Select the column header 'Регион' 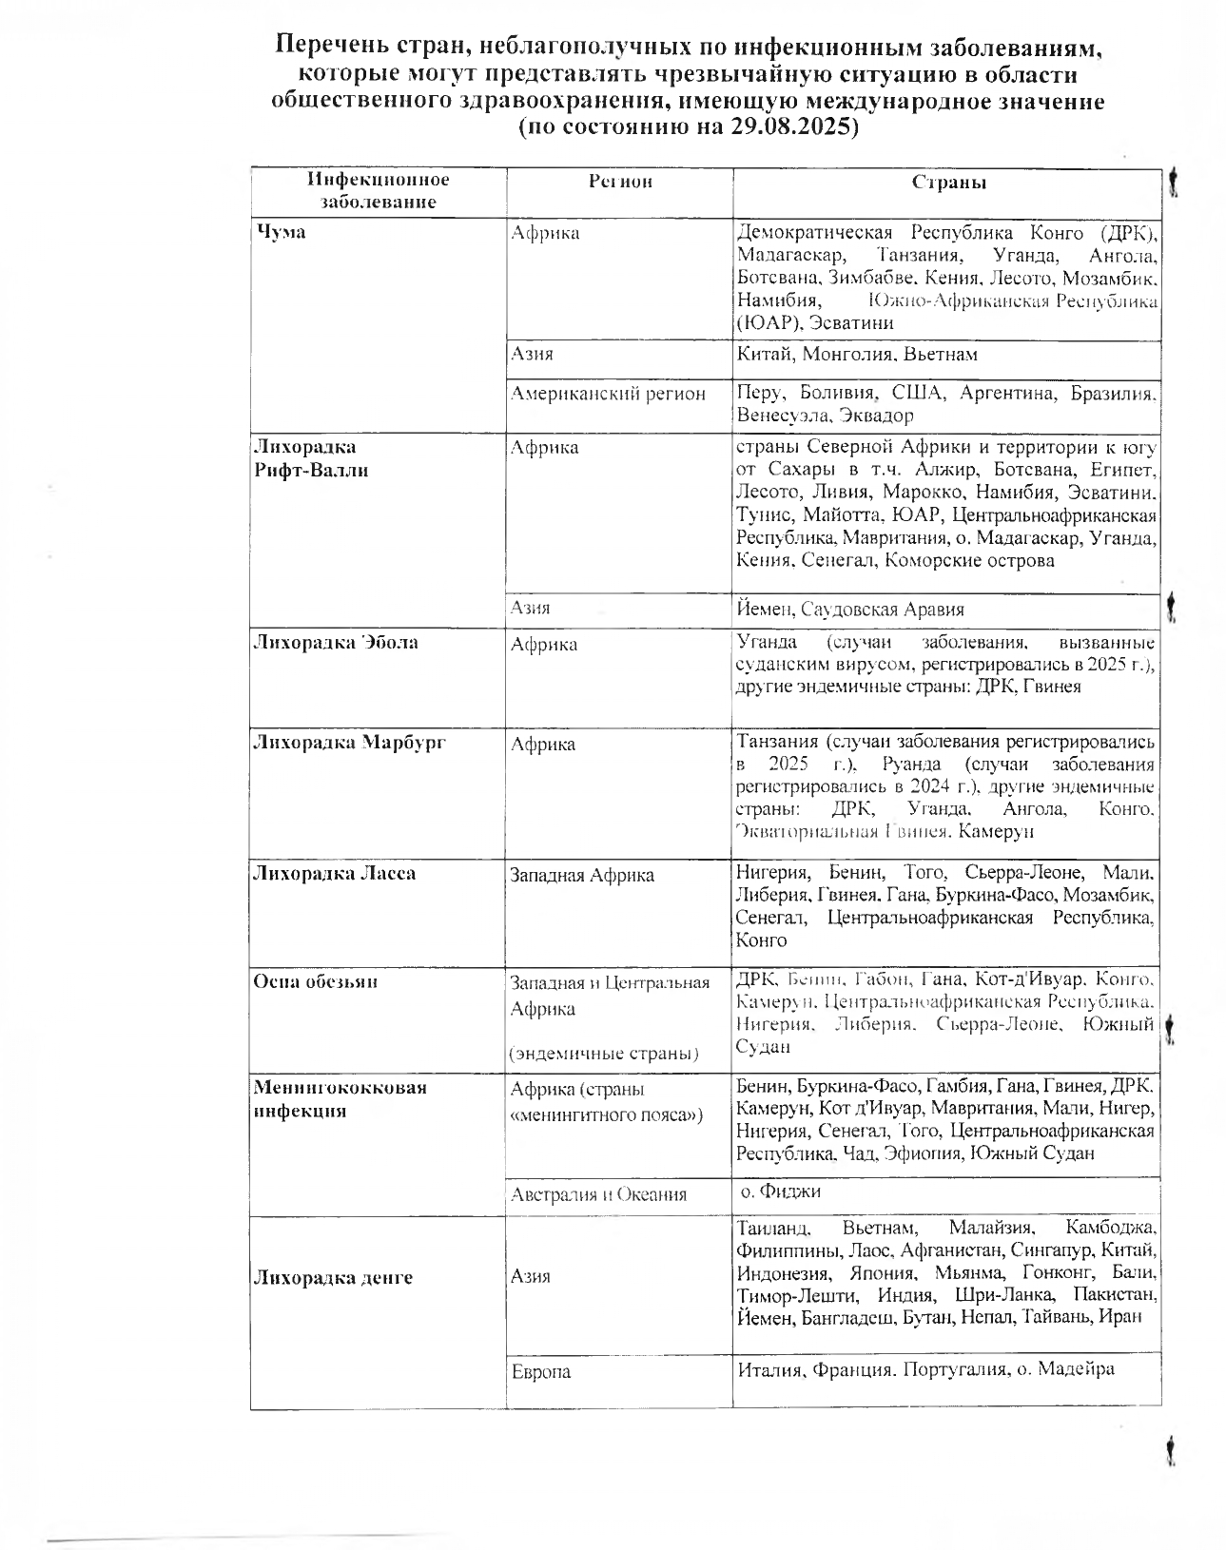click(620, 182)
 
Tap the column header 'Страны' click(948, 183)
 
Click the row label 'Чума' click(280, 232)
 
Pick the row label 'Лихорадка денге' click(332, 1277)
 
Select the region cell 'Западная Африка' click(582, 875)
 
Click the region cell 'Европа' click(540, 1371)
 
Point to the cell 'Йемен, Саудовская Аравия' click(850, 610)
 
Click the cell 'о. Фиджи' click(781, 1192)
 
